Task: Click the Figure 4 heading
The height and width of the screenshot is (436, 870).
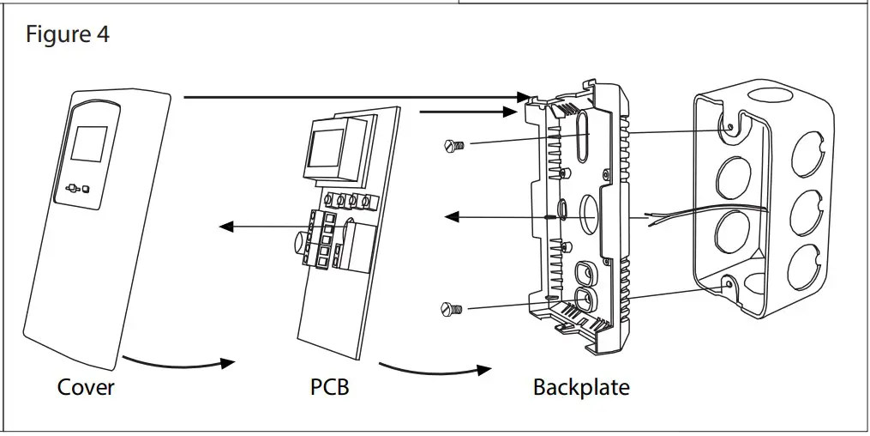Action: [68, 34]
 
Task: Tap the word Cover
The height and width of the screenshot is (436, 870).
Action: [86, 387]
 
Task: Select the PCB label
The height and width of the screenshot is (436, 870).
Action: [330, 387]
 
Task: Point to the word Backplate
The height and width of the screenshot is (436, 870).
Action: [581, 387]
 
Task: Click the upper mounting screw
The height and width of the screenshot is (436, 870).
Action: [454, 146]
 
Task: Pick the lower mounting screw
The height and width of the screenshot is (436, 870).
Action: [452, 309]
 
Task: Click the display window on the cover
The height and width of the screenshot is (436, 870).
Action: [90, 144]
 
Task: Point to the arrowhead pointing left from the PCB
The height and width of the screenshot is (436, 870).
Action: [226, 226]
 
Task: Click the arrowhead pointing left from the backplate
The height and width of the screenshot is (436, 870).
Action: [452, 216]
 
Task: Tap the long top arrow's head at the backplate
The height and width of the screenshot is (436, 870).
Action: [523, 97]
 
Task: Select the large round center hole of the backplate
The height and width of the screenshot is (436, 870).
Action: [588, 211]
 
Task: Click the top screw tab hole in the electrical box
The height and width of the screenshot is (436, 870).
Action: [731, 127]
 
